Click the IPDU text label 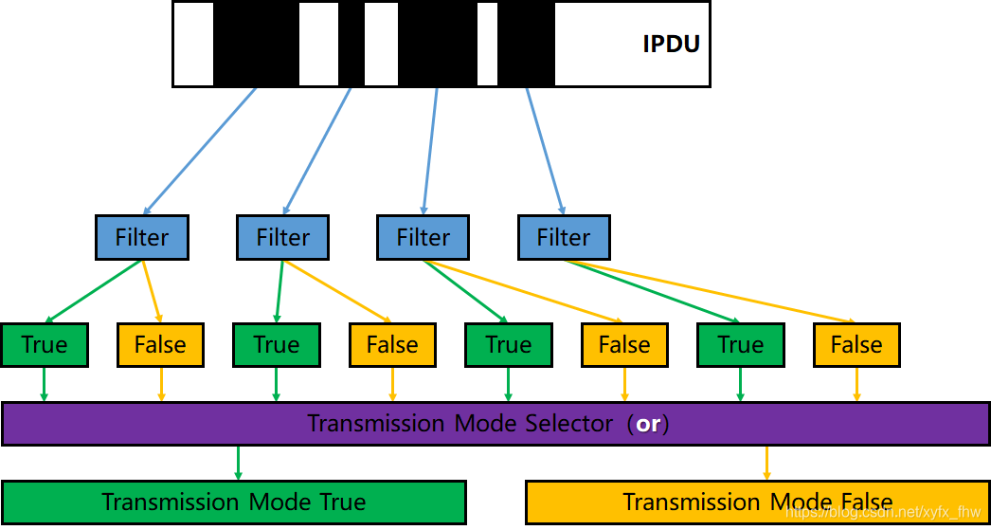click(x=671, y=44)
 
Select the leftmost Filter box click(x=142, y=237)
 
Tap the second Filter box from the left click(x=282, y=237)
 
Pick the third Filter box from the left click(x=423, y=237)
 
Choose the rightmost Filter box click(x=564, y=237)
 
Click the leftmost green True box click(x=45, y=345)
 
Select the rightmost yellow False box click(x=856, y=345)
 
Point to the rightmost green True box click(x=740, y=345)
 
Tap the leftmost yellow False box click(x=160, y=345)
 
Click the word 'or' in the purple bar click(x=648, y=424)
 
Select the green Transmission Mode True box click(x=233, y=502)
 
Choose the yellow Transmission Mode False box click(x=757, y=502)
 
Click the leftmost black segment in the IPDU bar click(x=256, y=44)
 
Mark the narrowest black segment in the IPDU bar click(x=351, y=44)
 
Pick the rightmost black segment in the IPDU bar click(x=526, y=44)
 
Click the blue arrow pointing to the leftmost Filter click(x=200, y=150)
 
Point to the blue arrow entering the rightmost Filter click(x=545, y=150)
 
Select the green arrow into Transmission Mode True click(x=238, y=463)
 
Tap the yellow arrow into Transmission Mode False click(x=766, y=463)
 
